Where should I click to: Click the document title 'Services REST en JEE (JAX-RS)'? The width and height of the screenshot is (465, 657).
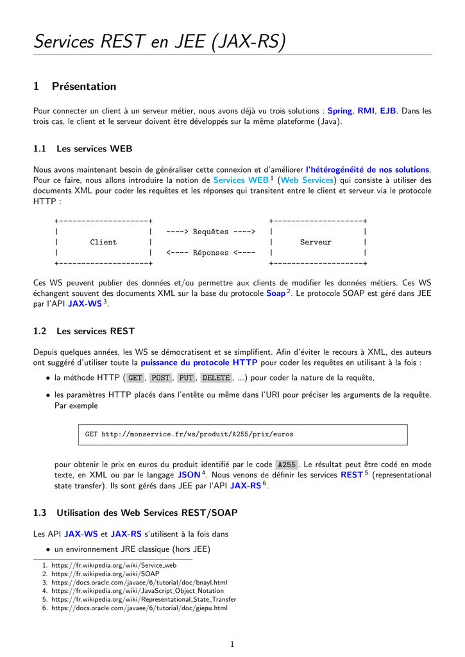[160, 42]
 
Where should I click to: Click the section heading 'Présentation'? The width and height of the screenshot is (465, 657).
[84, 87]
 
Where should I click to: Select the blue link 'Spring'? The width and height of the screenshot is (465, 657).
[340, 111]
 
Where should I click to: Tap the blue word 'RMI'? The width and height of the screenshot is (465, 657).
[366, 111]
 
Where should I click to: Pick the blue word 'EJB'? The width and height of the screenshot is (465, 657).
[387, 111]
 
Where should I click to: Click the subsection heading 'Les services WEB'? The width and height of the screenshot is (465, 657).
[94, 149]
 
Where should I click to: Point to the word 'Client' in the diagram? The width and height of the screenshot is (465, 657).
[103, 242]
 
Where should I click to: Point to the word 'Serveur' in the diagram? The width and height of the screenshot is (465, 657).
[316, 242]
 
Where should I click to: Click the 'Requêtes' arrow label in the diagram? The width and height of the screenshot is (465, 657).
[210, 232]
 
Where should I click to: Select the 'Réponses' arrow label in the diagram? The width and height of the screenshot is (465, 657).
[210, 253]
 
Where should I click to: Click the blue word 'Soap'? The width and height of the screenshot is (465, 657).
[276, 293]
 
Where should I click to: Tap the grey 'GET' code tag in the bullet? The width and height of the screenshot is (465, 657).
[135, 378]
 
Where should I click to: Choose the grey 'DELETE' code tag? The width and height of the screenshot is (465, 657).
[216, 378]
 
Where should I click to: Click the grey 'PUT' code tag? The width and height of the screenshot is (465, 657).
[186, 378]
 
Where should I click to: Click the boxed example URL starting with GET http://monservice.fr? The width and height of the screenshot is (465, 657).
[189, 434]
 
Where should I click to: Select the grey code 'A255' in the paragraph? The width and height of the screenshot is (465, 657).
[286, 465]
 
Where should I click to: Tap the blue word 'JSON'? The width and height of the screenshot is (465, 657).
[189, 475]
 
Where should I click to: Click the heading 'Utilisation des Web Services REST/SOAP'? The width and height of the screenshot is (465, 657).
[147, 513]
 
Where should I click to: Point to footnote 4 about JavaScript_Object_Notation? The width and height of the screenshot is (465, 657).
[137, 590]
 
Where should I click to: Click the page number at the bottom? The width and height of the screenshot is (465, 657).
[232, 644]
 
